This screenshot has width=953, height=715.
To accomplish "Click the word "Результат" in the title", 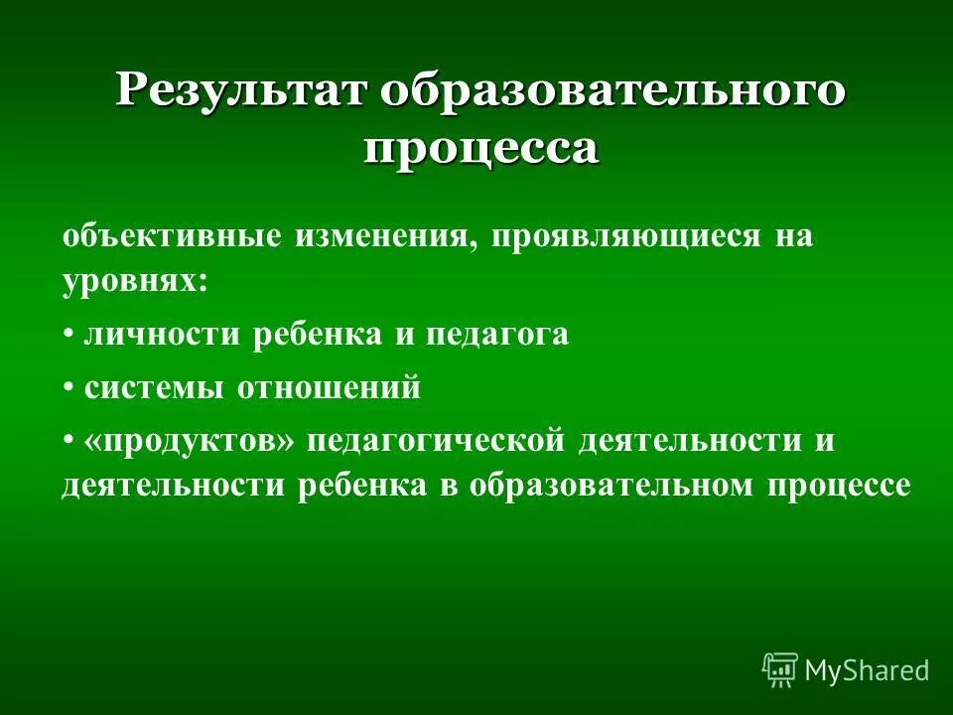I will click(x=242, y=91).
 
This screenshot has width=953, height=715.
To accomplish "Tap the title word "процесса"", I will click(x=480, y=148).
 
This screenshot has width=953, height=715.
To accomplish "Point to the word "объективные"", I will click(x=170, y=237).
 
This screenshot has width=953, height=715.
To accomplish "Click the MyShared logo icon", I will click(x=780, y=670).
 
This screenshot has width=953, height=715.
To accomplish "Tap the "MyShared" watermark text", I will click(x=867, y=671).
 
